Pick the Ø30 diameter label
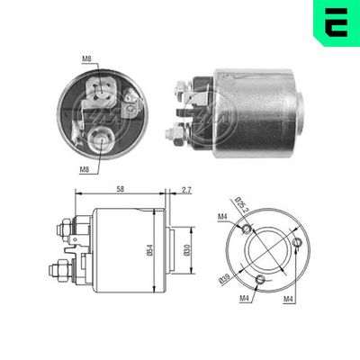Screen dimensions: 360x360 184,241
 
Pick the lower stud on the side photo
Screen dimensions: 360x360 173,134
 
